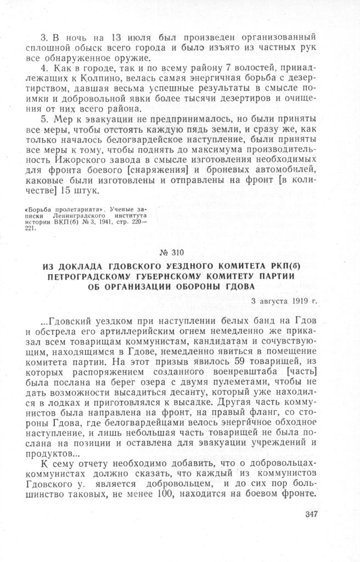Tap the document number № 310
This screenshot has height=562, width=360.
179,253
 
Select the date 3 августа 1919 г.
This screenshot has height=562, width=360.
284,302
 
